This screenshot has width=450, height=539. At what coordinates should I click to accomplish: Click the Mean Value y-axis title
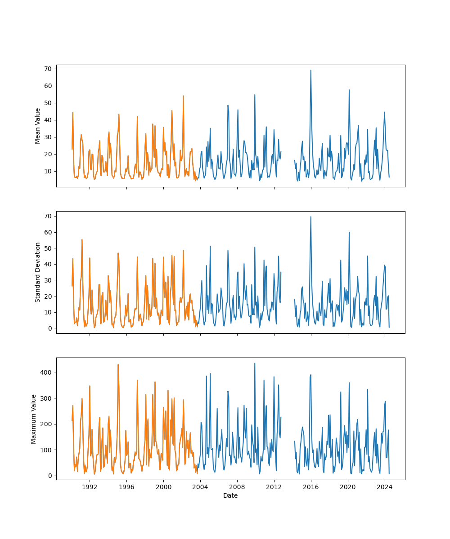(x=38, y=126)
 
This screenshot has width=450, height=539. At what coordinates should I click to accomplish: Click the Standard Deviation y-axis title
(x=38, y=272)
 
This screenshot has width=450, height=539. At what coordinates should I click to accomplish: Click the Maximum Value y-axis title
(x=34, y=419)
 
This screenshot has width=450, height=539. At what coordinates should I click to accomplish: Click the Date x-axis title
(x=230, y=495)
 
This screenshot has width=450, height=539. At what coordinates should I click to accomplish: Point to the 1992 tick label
(x=90, y=486)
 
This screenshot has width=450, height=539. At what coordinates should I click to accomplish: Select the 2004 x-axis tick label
(x=200, y=486)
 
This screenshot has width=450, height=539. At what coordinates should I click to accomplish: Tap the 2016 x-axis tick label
(x=311, y=486)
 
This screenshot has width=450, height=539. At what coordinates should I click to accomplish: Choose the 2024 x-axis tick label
(x=384, y=486)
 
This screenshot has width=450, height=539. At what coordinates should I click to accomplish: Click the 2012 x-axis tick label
(x=274, y=486)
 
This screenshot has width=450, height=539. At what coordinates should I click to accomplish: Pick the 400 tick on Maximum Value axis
(x=48, y=372)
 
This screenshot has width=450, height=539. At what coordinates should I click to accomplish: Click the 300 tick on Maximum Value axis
(x=48, y=398)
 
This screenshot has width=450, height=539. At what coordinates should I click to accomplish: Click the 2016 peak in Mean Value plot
(x=310, y=70)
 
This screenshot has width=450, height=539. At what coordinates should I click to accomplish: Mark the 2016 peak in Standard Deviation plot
(x=310, y=217)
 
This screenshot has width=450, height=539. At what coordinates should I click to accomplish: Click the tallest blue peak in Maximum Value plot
(x=255, y=363)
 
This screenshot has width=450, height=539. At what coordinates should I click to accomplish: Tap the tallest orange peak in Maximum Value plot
(x=118, y=364)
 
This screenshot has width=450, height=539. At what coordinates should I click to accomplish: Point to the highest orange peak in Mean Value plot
(x=183, y=96)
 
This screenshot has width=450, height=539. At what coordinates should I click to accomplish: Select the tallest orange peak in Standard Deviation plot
(x=82, y=239)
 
